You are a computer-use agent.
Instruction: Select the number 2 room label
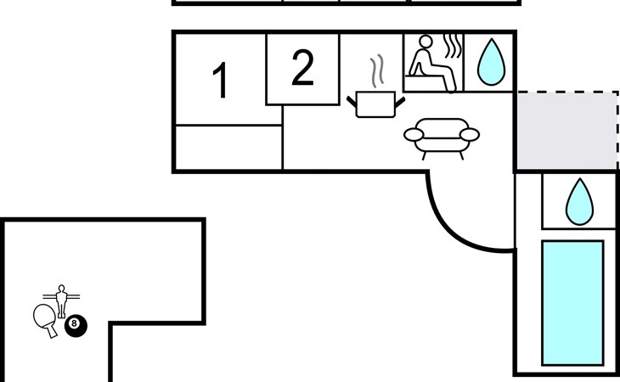pyautogui.click(x=302, y=69)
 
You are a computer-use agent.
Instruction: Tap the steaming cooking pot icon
pyautogui.click(x=375, y=104)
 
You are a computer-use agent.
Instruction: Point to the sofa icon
pyautogui.click(x=442, y=136)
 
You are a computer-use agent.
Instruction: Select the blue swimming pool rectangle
pyautogui.click(x=572, y=302)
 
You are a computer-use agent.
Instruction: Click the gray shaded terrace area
pyautogui.click(x=566, y=129)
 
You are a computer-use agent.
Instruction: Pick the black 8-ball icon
pyautogui.click(x=76, y=323)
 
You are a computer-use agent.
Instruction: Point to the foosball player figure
pyautogui.click(x=60, y=299)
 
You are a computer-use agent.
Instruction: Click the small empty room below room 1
pyautogui.click(x=228, y=147)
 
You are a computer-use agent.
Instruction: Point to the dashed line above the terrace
pyautogui.click(x=566, y=92)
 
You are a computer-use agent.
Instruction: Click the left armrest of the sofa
pyautogui.click(x=413, y=134)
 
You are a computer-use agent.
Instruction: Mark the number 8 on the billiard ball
pyautogui.click(x=76, y=323)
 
